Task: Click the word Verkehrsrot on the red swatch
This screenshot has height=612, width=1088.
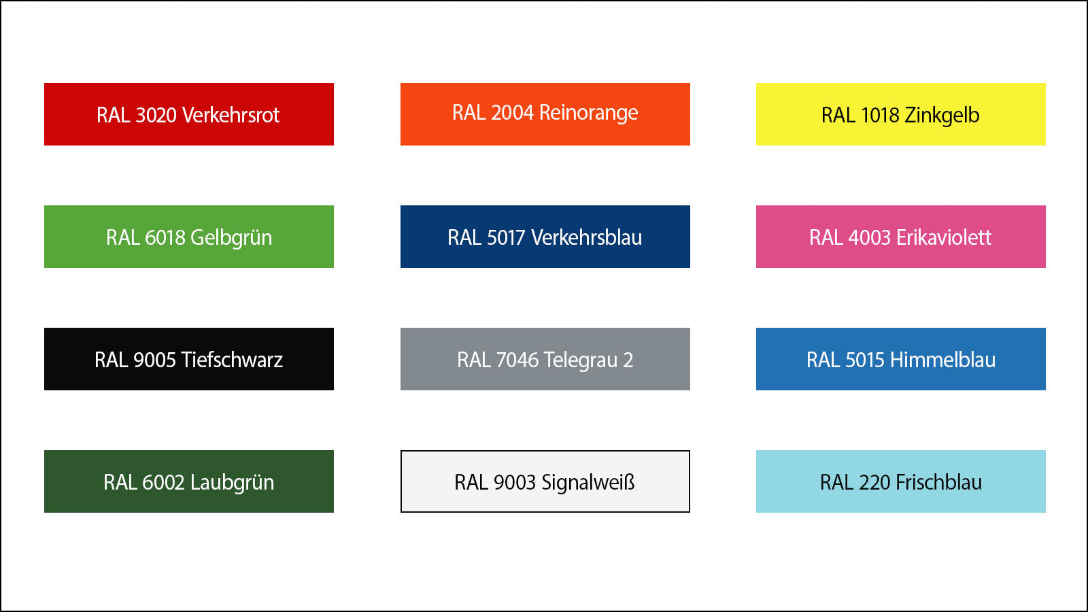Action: click(x=231, y=115)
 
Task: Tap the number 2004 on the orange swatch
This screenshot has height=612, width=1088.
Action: click(x=512, y=113)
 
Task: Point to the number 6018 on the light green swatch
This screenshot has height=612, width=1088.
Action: click(x=165, y=238)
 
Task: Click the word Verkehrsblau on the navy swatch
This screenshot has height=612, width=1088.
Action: click(x=586, y=238)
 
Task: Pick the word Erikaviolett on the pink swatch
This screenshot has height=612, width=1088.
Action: click(x=944, y=238)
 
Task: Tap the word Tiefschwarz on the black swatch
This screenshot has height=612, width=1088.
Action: click(x=232, y=360)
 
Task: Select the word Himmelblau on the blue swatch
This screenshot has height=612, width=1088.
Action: click(x=942, y=360)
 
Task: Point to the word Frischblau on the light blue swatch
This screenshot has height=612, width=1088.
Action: click(x=938, y=483)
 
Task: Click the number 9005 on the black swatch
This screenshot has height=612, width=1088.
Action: click(x=154, y=360)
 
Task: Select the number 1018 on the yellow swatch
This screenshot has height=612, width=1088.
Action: click(x=880, y=116)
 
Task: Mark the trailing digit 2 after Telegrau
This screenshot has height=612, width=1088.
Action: click(x=628, y=360)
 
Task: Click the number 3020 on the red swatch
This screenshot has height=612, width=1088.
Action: click(x=156, y=116)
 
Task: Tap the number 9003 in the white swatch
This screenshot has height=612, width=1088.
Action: click(x=514, y=483)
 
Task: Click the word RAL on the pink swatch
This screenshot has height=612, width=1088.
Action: click(x=826, y=238)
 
